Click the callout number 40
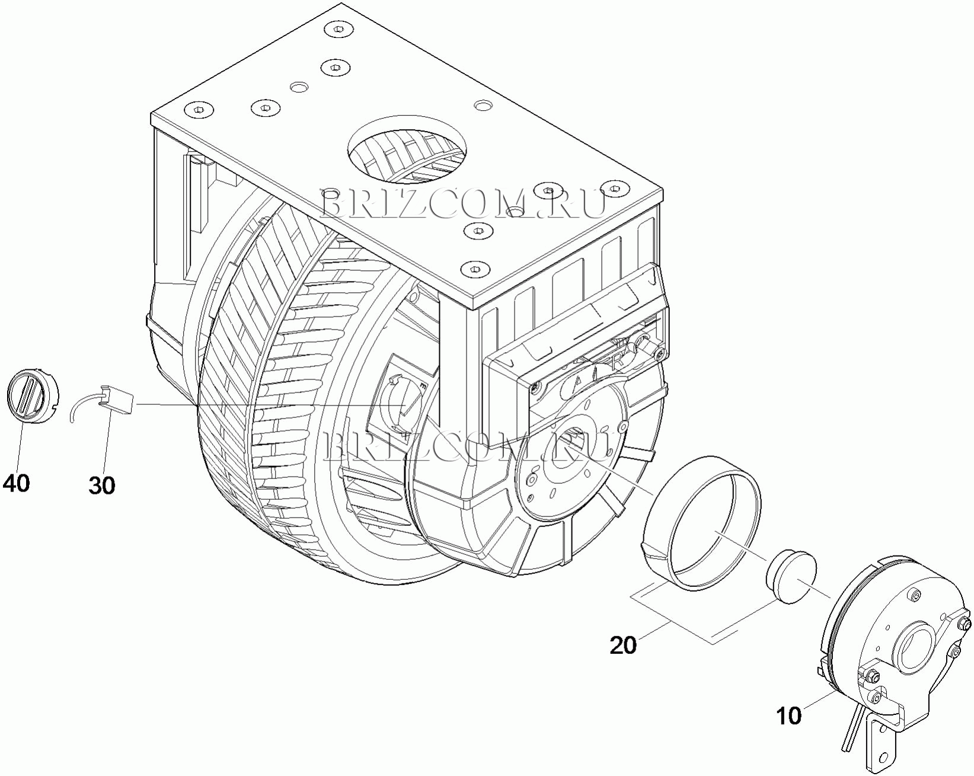(17, 484)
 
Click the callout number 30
(102, 486)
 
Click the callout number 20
(623, 645)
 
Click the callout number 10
(789, 716)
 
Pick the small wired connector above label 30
(116, 400)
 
